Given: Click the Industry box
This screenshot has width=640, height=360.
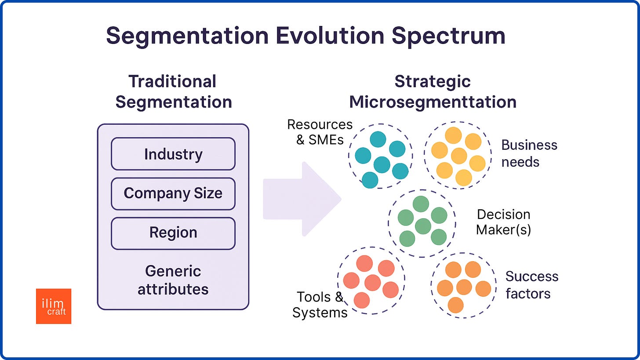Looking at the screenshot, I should pyautogui.click(x=173, y=154).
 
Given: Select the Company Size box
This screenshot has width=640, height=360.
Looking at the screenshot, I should pyautogui.click(x=173, y=193).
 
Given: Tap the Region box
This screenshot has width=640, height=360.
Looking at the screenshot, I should pyautogui.click(x=173, y=233).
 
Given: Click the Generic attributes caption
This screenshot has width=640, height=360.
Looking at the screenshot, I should pyautogui.click(x=173, y=280).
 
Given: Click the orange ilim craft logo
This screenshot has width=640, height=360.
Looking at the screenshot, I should pyautogui.click(x=54, y=306).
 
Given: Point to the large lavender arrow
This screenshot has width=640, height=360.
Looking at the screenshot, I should pyautogui.click(x=302, y=199).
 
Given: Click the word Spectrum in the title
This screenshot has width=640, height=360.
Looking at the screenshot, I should pyautogui.click(x=448, y=36).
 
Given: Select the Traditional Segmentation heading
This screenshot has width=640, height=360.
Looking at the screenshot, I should pyautogui.click(x=173, y=92).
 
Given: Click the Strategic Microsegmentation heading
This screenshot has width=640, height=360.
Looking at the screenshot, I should pyautogui.click(x=433, y=92).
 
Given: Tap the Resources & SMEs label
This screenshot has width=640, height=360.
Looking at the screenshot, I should pyautogui.click(x=320, y=132).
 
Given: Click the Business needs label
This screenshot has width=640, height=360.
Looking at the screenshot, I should pyautogui.click(x=529, y=153).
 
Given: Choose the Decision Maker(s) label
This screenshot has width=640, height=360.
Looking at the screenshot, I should pyautogui.click(x=503, y=222).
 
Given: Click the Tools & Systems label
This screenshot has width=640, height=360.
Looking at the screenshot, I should pyautogui.click(x=320, y=305).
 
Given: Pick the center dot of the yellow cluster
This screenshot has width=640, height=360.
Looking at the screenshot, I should pyautogui.click(x=459, y=156).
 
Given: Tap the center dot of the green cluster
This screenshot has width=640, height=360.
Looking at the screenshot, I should pyautogui.click(x=422, y=225).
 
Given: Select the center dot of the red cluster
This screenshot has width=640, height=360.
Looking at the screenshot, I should pyautogui.click(x=372, y=283).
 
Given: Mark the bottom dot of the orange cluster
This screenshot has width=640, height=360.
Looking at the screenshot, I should pyautogui.click(x=456, y=305).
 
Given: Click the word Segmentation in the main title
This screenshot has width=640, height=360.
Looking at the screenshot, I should pyautogui.click(x=187, y=36).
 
